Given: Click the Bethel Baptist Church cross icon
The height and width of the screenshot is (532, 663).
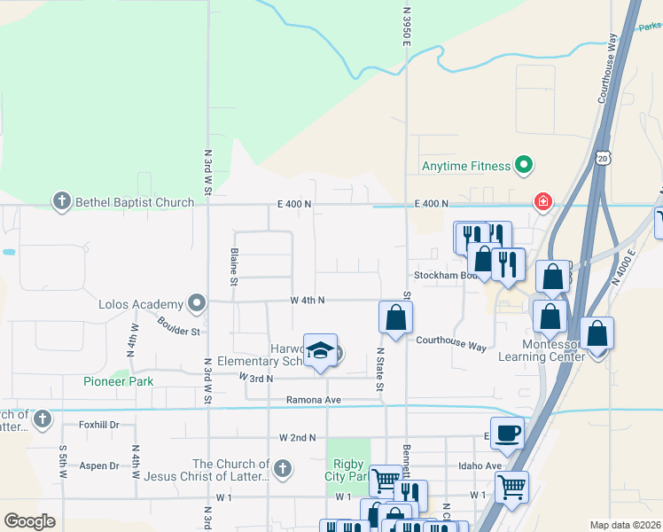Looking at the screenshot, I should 61,202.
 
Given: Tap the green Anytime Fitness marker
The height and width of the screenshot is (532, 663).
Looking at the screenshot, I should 523,165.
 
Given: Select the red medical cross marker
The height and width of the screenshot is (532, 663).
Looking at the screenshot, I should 541,202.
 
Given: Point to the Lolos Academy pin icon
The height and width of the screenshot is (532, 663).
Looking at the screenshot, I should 196,304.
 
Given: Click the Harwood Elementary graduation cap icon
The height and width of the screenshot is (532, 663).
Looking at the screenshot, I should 320,350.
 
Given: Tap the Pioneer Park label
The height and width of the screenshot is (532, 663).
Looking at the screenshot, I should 118,381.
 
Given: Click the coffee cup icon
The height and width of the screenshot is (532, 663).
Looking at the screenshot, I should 506,433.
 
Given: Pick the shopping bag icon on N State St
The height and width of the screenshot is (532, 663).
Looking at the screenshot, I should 394,317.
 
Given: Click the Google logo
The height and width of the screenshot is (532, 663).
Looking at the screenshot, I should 29,520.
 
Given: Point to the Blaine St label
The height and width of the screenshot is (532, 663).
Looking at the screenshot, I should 234,267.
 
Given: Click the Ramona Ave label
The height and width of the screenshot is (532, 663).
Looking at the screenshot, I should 314,400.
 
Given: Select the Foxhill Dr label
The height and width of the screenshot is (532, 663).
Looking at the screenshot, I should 99,425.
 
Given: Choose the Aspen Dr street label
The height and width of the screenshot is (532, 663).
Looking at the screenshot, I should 100,465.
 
